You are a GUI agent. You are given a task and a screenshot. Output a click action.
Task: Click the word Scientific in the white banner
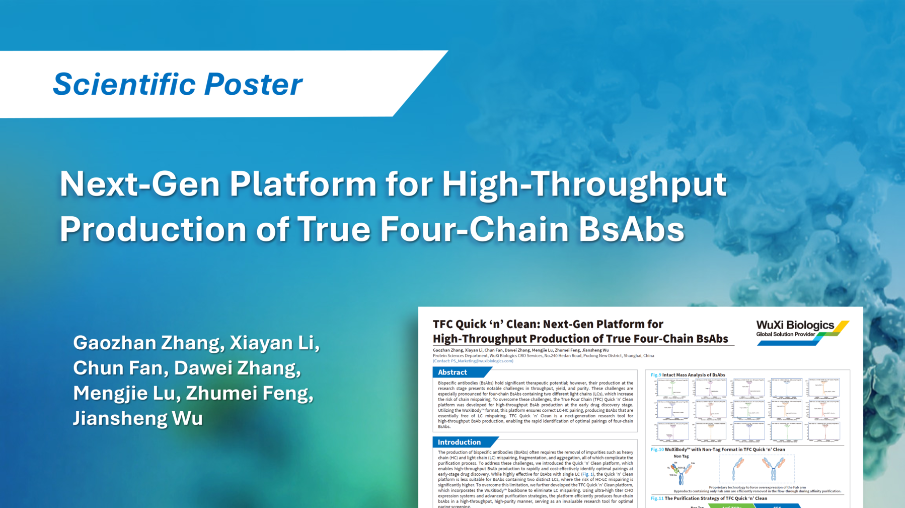click(x=124, y=84)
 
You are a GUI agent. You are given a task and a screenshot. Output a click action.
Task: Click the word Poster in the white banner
click(x=253, y=84)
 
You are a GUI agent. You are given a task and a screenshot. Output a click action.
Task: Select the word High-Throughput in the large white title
click(x=584, y=184)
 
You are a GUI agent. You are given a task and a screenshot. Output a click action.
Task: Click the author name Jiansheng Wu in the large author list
click(x=138, y=418)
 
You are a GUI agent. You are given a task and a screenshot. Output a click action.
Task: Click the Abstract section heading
click(x=453, y=372)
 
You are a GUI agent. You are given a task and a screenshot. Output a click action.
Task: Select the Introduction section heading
click(x=459, y=442)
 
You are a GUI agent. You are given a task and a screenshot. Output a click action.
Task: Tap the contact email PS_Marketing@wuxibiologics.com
click(x=482, y=361)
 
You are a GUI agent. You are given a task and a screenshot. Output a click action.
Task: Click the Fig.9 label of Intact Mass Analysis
click(x=655, y=375)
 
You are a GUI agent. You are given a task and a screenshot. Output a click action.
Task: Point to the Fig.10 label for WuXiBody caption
click(x=657, y=450)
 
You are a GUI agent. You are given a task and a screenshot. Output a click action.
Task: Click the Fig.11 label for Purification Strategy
click(x=657, y=498)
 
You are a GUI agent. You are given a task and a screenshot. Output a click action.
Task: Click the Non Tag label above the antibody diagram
click(x=681, y=456)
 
